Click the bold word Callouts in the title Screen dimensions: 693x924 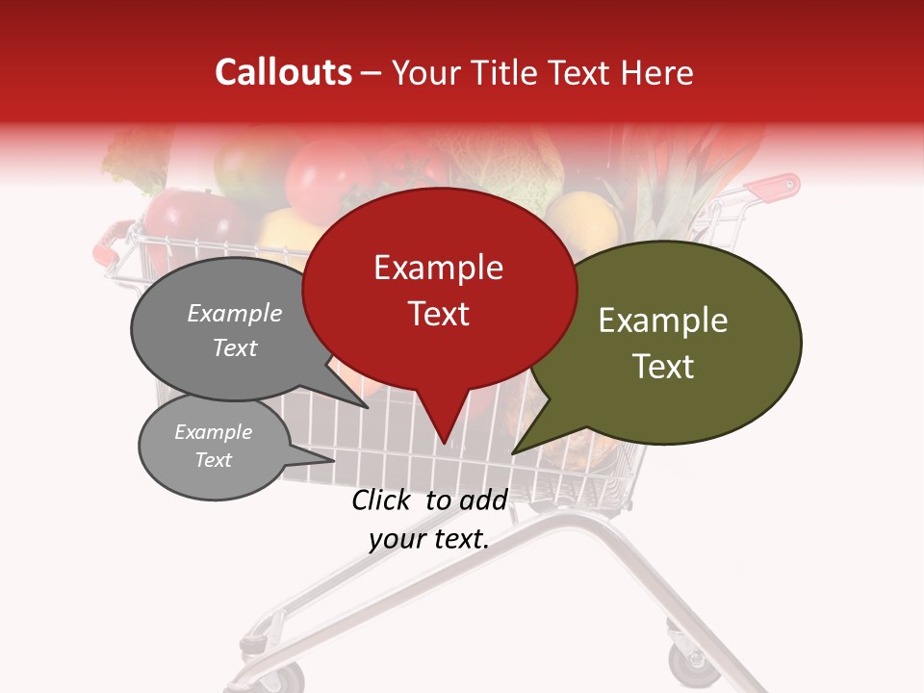[283, 72]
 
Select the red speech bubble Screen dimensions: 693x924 [439, 289]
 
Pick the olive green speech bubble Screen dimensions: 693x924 [674, 342]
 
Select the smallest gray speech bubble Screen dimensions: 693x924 [214, 447]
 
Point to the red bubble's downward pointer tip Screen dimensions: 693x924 [445, 444]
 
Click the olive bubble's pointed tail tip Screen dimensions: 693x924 [512, 452]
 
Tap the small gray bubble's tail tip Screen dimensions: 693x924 [334, 459]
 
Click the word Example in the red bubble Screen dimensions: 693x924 [438, 268]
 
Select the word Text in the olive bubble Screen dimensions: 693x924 [663, 367]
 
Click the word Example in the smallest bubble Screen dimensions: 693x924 [213, 432]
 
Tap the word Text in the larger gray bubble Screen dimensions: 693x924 [235, 348]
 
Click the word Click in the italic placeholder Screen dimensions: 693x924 [381, 500]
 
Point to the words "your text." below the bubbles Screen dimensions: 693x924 [429, 539]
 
